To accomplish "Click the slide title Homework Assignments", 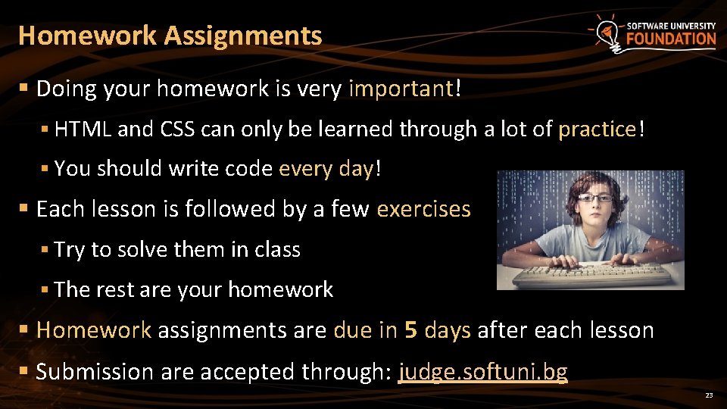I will point(170,36).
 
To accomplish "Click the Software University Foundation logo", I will point(653,34).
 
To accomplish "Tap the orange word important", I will point(401,89).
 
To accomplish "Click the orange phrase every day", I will point(326,169).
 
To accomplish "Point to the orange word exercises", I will point(423,209).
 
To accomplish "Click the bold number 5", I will point(411,331).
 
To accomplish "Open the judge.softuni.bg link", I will point(482,372).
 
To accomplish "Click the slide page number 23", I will point(709,396).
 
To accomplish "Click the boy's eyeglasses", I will point(595,198).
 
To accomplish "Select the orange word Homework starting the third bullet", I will point(94,331).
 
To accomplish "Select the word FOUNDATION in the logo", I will point(670,39).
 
